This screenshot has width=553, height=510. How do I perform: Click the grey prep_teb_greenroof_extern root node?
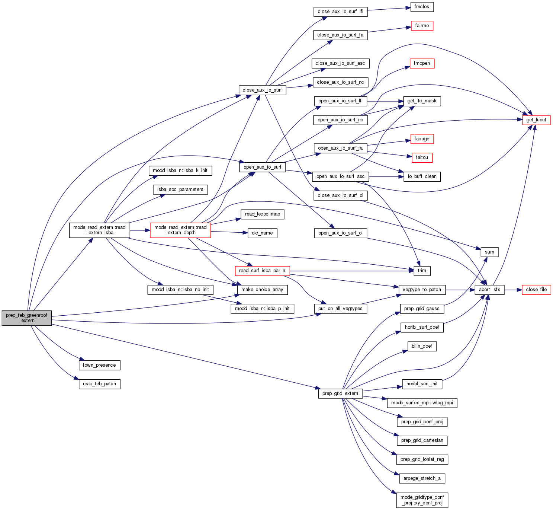click(26, 318)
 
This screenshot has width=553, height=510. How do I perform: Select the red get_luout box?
click(536, 120)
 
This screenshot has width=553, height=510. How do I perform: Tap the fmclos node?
click(422, 7)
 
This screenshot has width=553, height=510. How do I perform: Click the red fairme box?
click(422, 26)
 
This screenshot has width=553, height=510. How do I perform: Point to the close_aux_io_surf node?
click(262, 90)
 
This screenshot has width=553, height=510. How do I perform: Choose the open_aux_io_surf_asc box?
click(340, 176)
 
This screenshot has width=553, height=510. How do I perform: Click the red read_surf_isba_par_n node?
click(262, 271)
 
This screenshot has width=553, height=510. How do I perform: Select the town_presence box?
click(99, 365)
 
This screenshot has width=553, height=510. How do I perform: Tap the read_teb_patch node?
click(99, 384)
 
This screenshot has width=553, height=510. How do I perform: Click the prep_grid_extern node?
click(340, 393)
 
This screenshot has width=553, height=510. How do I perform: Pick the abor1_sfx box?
click(489, 290)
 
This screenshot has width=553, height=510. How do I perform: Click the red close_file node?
click(536, 290)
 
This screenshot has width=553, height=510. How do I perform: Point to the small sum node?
click(489, 252)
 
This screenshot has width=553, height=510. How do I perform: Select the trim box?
click(422, 271)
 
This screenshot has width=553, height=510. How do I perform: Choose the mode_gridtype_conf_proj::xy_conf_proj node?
click(422, 500)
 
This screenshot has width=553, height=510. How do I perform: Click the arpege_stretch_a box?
click(422, 478)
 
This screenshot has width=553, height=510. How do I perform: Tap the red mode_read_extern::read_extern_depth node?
click(180, 230)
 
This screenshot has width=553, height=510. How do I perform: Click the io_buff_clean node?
click(422, 176)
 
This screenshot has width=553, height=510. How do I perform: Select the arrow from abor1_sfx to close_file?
click(513, 290)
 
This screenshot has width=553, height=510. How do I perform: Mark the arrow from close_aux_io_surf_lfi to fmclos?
click(389, 9)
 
